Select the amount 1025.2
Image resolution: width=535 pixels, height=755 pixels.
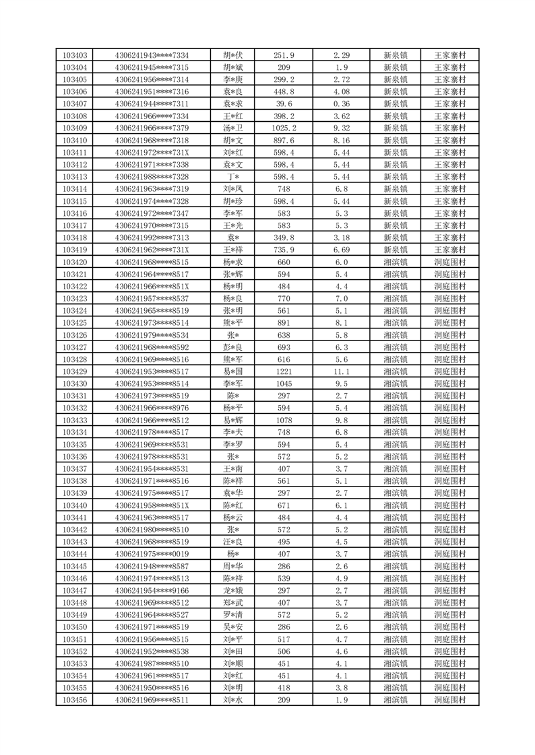click(284, 128)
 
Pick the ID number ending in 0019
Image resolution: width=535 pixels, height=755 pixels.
click(152, 553)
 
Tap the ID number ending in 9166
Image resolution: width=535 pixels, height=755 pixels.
click(152, 590)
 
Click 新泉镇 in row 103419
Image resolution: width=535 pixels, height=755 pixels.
click(396, 250)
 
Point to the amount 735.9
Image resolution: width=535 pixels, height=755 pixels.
click(284, 250)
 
